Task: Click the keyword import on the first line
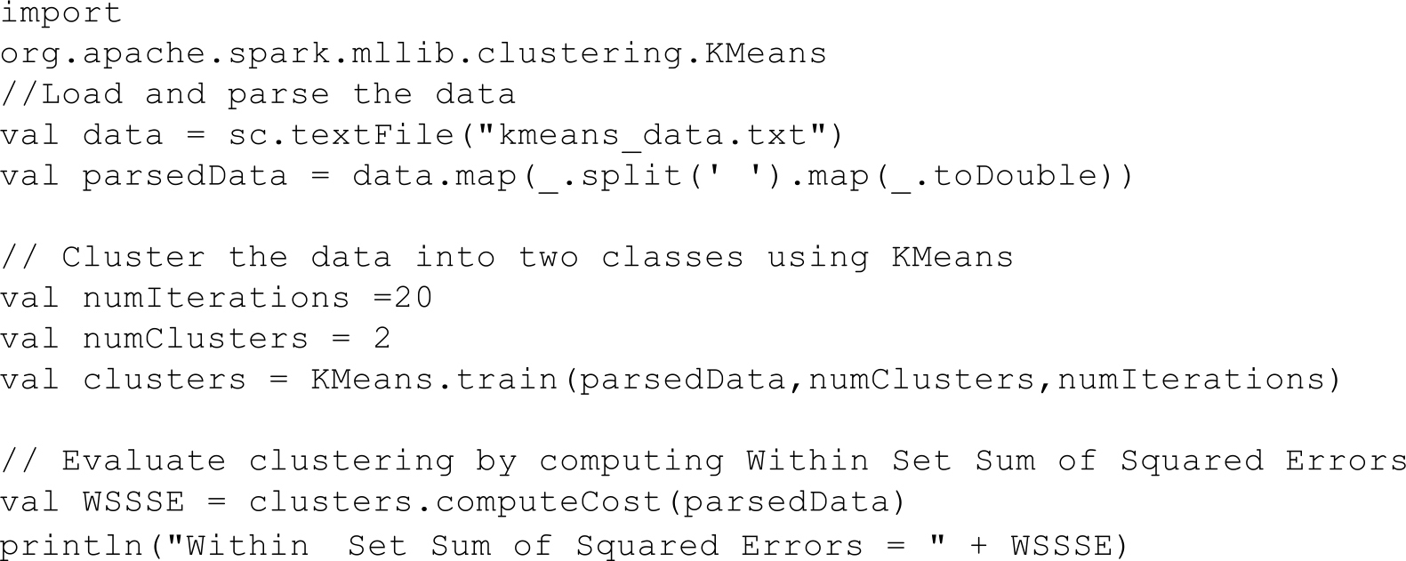tap(61, 13)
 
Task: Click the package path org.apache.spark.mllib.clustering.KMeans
tap(414, 54)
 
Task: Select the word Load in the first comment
tap(83, 94)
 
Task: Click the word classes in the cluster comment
tap(672, 258)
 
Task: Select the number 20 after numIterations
tap(414, 298)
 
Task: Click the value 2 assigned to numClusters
tap(382, 339)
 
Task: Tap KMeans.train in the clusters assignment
tap(434, 380)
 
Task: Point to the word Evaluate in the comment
tap(144, 461)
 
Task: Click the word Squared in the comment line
tap(1191, 461)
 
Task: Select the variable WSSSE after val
tap(133, 502)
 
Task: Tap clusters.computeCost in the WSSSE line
tap(454, 502)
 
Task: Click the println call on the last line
tap(71, 544)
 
